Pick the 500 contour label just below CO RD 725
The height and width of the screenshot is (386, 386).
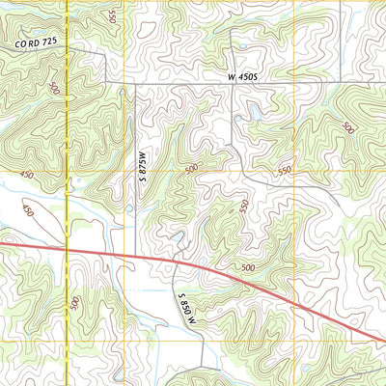coord(53,89)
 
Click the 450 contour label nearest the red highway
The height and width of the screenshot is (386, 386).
coord(28,209)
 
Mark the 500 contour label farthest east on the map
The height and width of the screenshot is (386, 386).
coord(347,128)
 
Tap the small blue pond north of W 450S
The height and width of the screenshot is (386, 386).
coord(241,45)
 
